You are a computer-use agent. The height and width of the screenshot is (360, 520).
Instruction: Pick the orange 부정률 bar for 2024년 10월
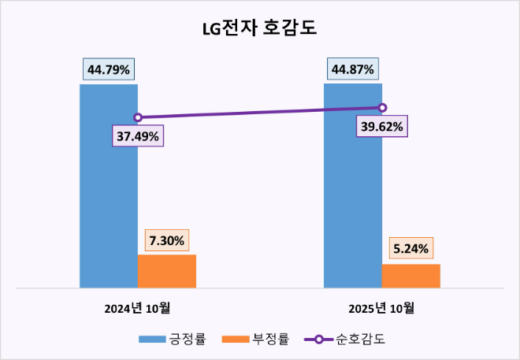pyautogui.click(x=167, y=271)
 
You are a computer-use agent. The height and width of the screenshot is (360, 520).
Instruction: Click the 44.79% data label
pyautogui.click(x=109, y=69)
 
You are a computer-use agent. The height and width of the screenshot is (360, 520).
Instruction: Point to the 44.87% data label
pyautogui.click(x=353, y=69)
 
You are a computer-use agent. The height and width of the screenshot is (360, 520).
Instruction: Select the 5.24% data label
pyautogui.click(x=410, y=250)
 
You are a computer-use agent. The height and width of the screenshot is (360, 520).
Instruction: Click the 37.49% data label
pyautogui.click(x=138, y=136)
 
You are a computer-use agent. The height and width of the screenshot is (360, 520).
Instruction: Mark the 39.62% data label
pyautogui.click(x=382, y=126)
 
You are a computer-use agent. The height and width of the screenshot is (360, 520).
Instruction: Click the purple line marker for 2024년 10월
pyautogui.click(x=138, y=117)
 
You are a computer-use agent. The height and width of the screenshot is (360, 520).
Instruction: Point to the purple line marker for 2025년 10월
pyautogui.click(x=382, y=108)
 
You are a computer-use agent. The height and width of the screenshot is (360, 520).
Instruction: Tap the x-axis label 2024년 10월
pyautogui.click(x=138, y=308)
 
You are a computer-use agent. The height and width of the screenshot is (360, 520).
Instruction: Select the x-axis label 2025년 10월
pyautogui.click(x=382, y=308)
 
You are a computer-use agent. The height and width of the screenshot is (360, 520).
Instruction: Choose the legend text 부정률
pyautogui.click(x=271, y=340)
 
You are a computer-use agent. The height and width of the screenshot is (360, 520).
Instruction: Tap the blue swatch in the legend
pyautogui.click(x=151, y=340)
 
